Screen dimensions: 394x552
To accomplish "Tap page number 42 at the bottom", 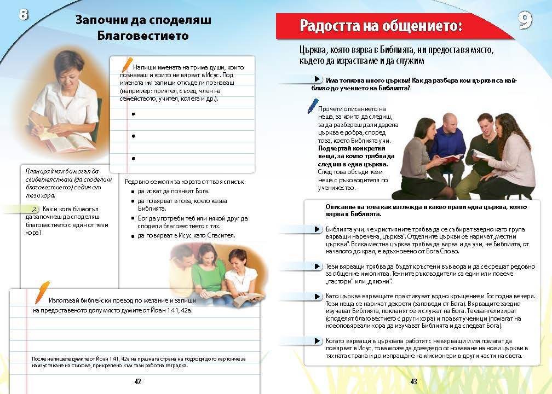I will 137,381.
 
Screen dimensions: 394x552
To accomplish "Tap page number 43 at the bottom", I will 413,381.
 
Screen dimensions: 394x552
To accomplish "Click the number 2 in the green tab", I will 34,209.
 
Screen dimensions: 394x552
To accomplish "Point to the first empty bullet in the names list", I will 134,114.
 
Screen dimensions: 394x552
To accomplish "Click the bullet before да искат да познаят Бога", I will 133,192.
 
